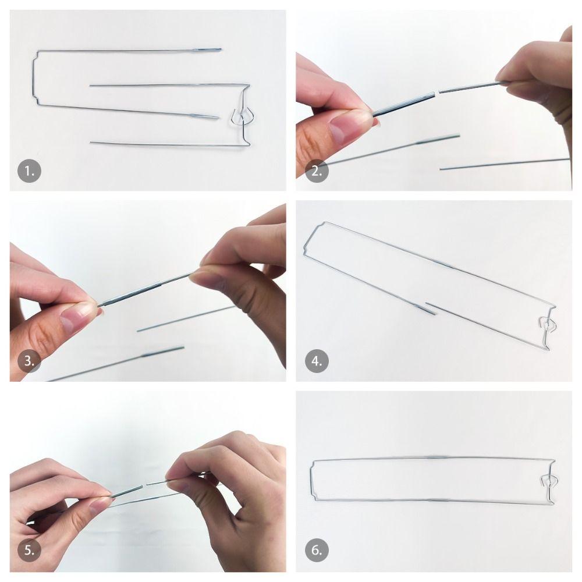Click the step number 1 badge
[x=29, y=171]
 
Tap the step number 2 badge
[x=317, y=171]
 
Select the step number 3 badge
[x=29, y=361]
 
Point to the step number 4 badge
[x=317, y=361]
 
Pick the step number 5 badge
[x=29, y=550]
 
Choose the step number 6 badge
[x=317, y=550]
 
